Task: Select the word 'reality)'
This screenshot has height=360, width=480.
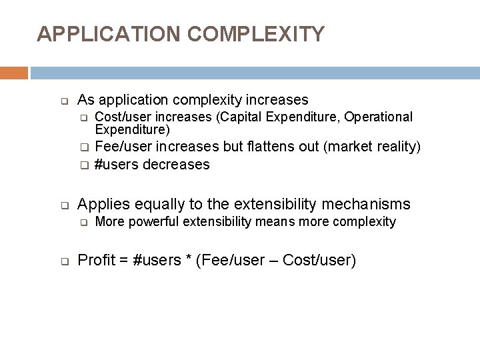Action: (x=397, y=147)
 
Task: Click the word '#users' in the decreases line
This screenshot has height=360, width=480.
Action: (x=114, y=164)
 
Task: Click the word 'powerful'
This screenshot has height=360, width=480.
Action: (x=150, y=221)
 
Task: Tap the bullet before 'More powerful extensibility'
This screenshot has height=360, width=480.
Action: (x=85, y=222)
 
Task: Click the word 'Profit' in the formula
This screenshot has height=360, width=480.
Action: (x=95, y=260)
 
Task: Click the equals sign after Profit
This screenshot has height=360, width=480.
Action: (x=123, y=260)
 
